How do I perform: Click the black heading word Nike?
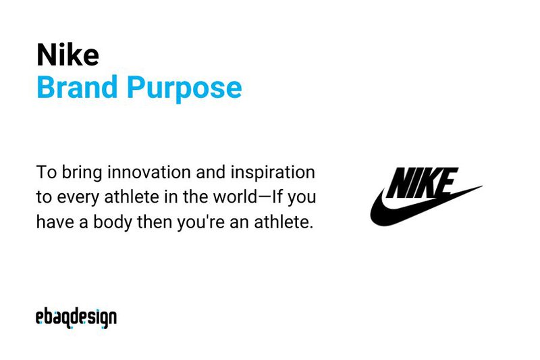67,55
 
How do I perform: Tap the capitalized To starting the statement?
45,173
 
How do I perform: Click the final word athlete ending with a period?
289,222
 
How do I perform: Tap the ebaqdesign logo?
76,317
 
